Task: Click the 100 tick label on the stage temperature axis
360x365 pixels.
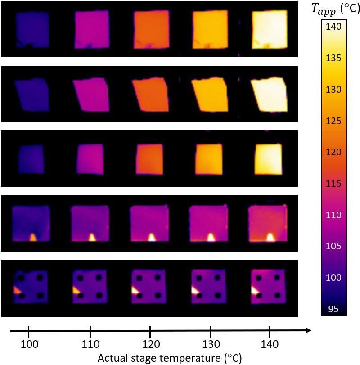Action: pyautogui.click(x=28, y=346)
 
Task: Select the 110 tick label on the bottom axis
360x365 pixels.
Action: pyautogui.click(x=90, y=346)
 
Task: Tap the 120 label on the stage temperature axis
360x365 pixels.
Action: pyautogui.click(x=150, y=346)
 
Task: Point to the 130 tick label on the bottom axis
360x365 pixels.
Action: pyautogui.click(x=210, y=346)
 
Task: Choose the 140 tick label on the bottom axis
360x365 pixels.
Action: pyautogui.click(x=269, y=346)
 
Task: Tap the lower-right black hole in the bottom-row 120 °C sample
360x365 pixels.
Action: pyautogui.click(x=158, y=295)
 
